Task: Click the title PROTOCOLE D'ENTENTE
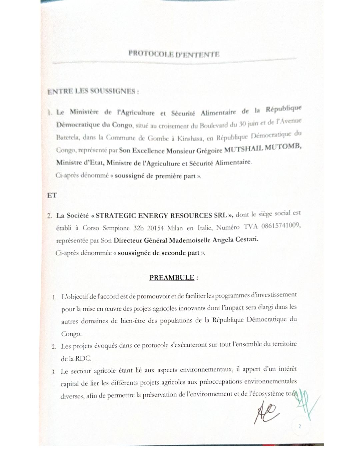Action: pos(174,54)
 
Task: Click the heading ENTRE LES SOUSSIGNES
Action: pos(93,91)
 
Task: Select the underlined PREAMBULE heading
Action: pos(172,277)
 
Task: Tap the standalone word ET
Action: pos(52,195)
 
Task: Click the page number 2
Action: pos(300,426)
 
